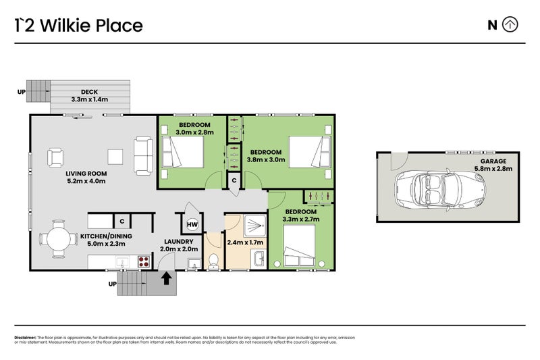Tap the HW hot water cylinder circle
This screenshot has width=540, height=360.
coord(192,225)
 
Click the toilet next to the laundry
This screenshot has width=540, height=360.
coord(213,261)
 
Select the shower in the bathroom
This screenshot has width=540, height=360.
coord(255,226)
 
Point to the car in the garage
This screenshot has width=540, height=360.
coord(440,190)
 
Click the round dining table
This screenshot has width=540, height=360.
coord(59,238)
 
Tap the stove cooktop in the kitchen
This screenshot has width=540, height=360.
coord(144,262)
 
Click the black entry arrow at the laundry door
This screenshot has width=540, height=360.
coord(166,278)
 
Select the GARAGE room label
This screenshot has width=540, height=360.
coord(493,161)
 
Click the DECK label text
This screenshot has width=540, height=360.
coord(89,92)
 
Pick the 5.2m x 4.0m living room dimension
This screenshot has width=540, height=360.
coord(86,181)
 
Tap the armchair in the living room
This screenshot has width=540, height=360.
coord(55,157)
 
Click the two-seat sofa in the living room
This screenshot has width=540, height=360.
coord(143,156)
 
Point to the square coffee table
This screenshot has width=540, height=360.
coord(115,157)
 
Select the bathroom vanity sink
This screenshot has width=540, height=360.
coord(259,259)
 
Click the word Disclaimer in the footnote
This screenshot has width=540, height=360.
coord(25,338)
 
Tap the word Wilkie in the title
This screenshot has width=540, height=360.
coord(65,26)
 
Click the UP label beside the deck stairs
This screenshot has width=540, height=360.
coord(22,92)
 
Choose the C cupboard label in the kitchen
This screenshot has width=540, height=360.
coord(122,221)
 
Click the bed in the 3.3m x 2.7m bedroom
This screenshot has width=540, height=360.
coord(299,245)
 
